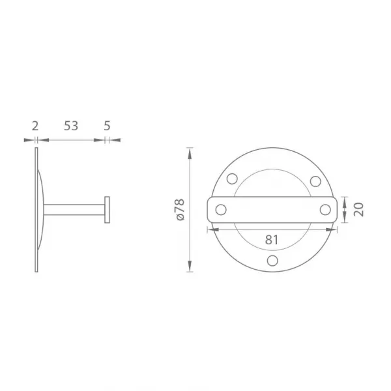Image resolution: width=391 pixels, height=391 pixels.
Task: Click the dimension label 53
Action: pos(71,126)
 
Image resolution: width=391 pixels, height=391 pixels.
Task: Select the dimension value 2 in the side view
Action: pos(35,126)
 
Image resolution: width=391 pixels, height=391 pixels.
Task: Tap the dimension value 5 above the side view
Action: pos(107,126)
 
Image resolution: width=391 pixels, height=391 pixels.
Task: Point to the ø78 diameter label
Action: pos(180,209)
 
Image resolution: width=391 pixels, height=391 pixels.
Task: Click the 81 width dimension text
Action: pos(272,240)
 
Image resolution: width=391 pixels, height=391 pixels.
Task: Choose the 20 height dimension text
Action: pos(358,209)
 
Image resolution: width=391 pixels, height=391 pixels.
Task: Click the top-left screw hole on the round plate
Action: pos(232,179)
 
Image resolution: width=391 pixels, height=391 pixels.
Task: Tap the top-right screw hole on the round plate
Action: pos(315,181)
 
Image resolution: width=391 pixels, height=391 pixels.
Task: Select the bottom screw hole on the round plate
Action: pos(272,261)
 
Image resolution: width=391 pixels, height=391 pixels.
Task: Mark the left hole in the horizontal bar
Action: pos(221,209)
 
